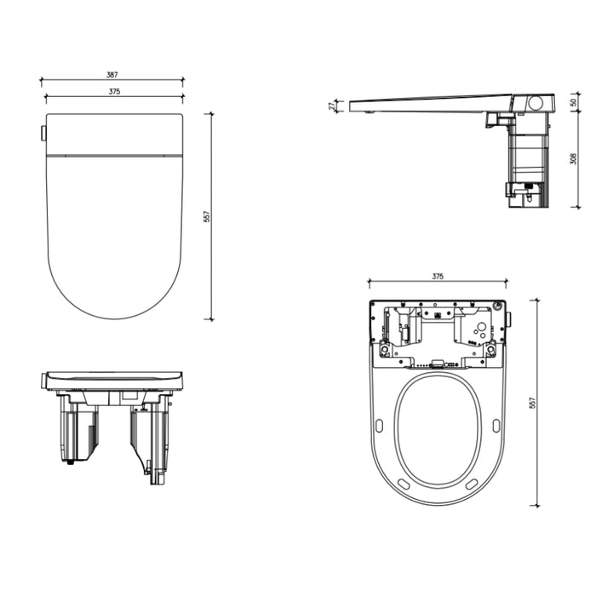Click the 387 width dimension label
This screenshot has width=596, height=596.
point(112,75)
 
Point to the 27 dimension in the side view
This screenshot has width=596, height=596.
point(332,106)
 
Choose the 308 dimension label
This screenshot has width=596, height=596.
point(573,158)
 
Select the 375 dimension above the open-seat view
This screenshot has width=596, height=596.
point(438,276)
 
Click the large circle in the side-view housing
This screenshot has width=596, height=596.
point(536,102)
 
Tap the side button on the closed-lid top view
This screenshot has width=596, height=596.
point(42,133)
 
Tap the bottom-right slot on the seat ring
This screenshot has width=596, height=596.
point(471,484)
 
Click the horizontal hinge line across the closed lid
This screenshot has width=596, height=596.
point(113,156)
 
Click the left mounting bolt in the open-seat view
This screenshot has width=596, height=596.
point(385,351)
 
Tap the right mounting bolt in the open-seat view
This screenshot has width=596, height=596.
point(490,351)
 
